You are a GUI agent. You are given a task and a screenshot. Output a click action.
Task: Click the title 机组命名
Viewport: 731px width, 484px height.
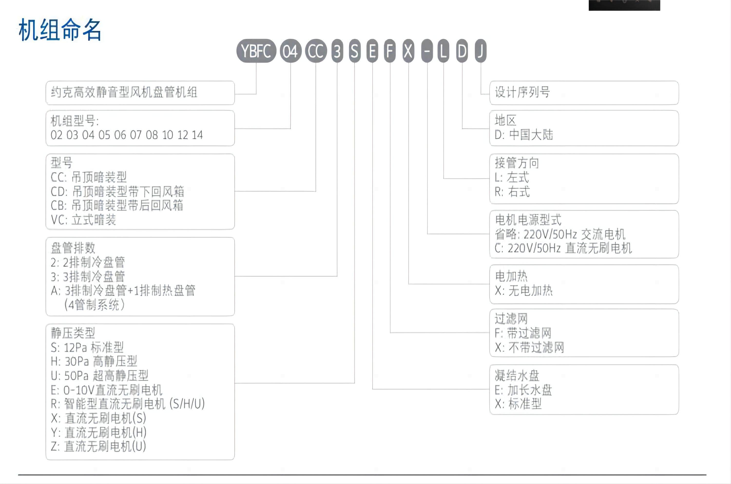(x=60, y=30)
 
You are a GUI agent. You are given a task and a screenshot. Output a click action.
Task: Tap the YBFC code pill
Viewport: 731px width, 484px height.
(x=256, y=51)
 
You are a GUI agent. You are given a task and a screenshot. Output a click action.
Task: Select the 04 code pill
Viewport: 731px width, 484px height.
(x=290, y=51)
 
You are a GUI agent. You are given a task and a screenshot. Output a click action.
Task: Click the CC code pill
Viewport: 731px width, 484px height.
(x=316, y=51)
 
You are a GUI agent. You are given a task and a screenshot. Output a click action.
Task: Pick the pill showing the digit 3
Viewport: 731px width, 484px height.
(x=337, y=51)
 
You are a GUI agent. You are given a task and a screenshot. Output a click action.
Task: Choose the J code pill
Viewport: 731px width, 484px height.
(x=481, y=51)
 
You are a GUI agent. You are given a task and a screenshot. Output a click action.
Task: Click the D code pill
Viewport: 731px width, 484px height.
(x=462, y=51)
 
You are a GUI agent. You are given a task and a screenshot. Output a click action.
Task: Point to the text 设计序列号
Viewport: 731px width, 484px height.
(x=522, y=92)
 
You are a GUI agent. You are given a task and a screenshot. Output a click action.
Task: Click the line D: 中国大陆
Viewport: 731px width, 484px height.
(x=524, y=135)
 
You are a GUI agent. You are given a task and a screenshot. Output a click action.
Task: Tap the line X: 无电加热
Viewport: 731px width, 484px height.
(x=524, y=290)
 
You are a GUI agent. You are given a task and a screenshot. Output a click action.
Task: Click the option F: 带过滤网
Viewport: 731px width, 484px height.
(x=523, y=333)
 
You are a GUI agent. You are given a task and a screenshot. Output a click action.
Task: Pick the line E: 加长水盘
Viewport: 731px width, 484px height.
(x=523, y=390)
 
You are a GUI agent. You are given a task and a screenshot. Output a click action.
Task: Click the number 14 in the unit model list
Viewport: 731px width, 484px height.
(x=197, y=135)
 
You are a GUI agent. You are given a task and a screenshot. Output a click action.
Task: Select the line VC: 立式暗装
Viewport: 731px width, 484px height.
(x=83, y=220)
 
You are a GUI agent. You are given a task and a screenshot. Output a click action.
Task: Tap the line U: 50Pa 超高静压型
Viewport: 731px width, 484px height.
(x=99, y=376)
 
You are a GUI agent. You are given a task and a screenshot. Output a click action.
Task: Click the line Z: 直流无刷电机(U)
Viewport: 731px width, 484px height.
(x=98, y=446)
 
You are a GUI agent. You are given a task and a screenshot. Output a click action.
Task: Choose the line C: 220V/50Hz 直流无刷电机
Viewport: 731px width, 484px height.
(x=563, y=248)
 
